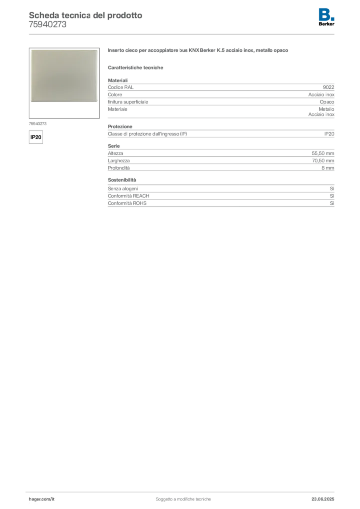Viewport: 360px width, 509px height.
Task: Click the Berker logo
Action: pos(326,17)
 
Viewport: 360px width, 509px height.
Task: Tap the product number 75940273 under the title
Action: pos(47,25)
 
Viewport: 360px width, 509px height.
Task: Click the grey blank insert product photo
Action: pos(64,76)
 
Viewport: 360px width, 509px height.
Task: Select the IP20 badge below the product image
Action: pos(36,137)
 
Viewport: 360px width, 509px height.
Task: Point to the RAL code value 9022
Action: pos(328,87)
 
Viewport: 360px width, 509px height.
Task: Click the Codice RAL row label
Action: pos(121,87)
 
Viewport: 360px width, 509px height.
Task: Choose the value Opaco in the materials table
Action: pos(327,102)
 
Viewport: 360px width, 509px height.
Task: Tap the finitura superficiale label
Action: pos(128,102)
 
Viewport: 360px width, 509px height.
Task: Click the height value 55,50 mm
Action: pos(323,153)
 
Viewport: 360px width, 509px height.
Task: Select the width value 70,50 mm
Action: pos(323,161)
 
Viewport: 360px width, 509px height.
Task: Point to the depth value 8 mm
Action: pos(328,168)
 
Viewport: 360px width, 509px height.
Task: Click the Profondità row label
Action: pos(119,168)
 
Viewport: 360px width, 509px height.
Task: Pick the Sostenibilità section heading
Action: pos(122,180)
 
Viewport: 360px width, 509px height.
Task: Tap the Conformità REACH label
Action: pos(129,196)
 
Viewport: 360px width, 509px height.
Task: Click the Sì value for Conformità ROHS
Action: pos(332,203)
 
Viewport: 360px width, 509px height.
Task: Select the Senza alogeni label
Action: pos(123,188)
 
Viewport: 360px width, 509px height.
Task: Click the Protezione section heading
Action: pos(120,126)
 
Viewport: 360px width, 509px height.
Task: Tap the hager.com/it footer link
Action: pos(42,499)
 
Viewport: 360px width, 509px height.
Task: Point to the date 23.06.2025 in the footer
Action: pos(323,499)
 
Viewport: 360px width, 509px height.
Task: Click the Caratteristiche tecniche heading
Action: pos(135,67)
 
